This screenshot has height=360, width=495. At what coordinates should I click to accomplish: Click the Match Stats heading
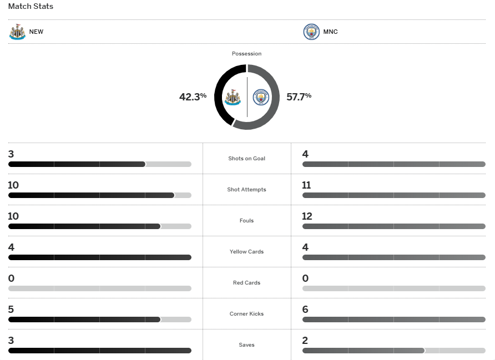click(x=31, y=7)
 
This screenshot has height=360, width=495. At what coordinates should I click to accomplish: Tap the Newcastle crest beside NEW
click(x=17, y=32)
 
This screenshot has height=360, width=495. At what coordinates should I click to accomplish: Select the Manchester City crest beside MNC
click(x=311, y=32)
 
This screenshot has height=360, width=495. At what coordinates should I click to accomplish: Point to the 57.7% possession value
click(x=299, y=97)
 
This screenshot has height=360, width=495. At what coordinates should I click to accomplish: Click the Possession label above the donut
click(x=246, y=54)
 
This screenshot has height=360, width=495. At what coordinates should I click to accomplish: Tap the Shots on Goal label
click(x=246, y=159)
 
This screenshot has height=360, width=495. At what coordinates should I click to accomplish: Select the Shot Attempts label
click(x=246, y=190)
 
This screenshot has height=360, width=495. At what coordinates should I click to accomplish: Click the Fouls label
click(x=246, y=221)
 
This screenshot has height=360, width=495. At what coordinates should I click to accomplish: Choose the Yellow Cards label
click(x=246, y=252)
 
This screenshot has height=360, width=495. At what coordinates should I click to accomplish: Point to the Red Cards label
click(x=246, y=283)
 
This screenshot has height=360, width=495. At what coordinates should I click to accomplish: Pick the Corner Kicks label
click(x=246, y=314)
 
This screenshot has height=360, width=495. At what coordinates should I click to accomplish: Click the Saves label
click(x=246, y=345)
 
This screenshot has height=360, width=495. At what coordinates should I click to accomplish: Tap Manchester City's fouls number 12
click(x=307, y=216)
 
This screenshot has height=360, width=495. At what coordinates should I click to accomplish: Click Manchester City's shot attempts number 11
click(x=306, y=185)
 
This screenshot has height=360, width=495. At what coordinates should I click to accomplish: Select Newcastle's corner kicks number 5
click(x=11, y=310)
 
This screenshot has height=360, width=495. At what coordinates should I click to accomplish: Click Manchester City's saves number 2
click(x=305, y=341)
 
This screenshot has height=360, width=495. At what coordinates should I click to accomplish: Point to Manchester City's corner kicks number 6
click(x=305, y=310)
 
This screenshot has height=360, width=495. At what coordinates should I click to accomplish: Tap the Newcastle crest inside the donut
click(x=232, y=98)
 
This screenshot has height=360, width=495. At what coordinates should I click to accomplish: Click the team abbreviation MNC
click(x=330, y=32)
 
